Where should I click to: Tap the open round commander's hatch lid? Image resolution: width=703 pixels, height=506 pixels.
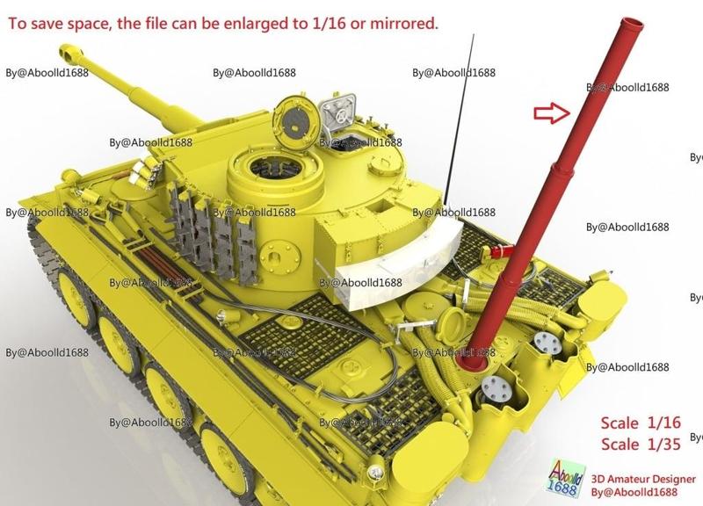click(294, 118)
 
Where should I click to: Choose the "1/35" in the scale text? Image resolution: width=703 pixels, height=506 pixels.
click(662, 444)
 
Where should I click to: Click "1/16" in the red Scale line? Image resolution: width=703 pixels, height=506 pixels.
click(662, 423)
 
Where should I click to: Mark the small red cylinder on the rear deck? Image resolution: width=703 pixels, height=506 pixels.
click(498, 253)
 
